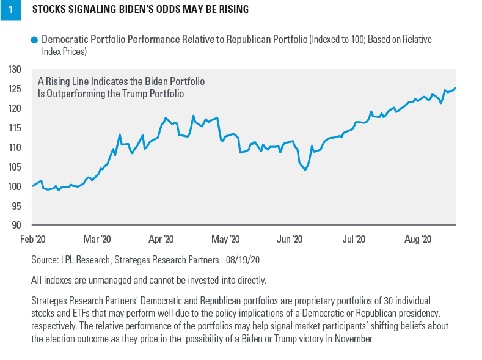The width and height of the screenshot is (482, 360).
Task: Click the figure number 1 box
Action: tap(10, 10)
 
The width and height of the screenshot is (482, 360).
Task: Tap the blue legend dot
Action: tap(34, 40)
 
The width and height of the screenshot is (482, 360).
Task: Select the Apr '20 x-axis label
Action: tap(161, 239)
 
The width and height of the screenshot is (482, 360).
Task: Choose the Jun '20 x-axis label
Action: tap(289, 239)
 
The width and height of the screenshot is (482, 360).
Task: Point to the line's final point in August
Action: tap(455, 88)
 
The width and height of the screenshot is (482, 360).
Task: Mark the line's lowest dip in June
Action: tap(305, 169)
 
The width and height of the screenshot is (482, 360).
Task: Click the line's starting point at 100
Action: tap(32, 186)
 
